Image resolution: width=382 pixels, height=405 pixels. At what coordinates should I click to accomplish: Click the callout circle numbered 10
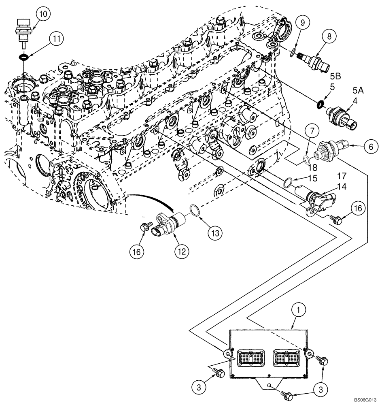(42, 14)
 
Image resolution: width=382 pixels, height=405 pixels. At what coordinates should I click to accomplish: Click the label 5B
(335, 75)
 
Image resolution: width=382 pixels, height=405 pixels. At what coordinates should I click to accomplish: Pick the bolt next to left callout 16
(145, 228)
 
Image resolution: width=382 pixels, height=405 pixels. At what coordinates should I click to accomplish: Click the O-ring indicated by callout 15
(288, 183)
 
